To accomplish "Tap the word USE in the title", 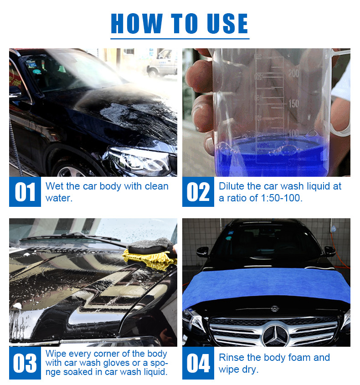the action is (x=227, y=23).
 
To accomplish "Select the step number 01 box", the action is (x=25, y=192).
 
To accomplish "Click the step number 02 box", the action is (x=198, y=192).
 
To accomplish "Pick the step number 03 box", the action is (x=25, y=363).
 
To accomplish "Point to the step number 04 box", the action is (x=198, y=363).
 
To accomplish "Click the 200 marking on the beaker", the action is (x=293, y=73).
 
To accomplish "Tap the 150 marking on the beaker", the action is (x=294, y=103).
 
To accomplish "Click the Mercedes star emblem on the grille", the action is (x=276, y=334).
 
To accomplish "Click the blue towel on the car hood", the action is (x=267, y=286).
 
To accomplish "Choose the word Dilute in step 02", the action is (x=231, y=186).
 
